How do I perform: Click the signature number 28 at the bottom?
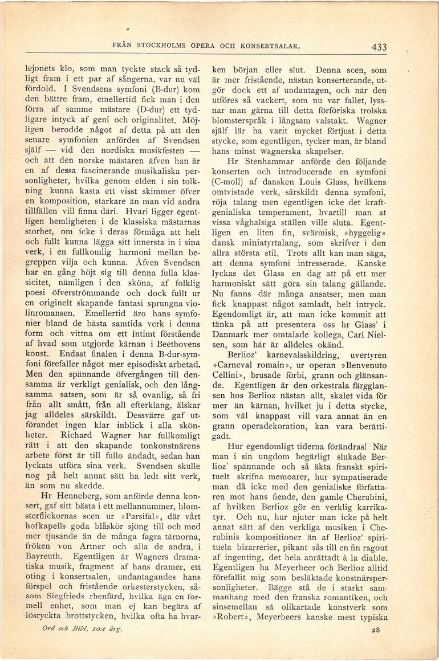click(x=375, y=630)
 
